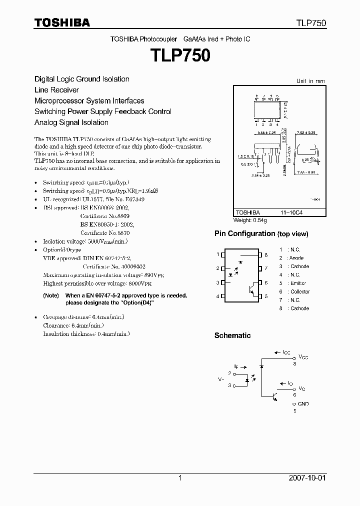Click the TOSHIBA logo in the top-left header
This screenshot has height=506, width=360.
click(62, 22)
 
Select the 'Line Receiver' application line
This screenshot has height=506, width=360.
click(56, 90)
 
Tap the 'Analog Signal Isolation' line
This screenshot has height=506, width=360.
click(71, 122)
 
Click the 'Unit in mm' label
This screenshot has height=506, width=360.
click(310, 80)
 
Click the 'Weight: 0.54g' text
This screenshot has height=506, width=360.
click(250, 220)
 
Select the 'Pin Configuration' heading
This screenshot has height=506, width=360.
click(244, 233)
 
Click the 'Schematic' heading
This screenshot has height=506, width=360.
click(232, 335)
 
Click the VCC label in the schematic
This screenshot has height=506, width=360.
click(303, 357)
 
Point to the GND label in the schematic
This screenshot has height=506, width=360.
click(303, 404)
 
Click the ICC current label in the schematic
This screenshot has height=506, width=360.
click(286, 352)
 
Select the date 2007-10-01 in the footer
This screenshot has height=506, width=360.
click(307, 478)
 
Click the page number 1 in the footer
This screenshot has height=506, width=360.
click(180, 478)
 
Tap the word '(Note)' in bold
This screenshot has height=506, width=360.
click(51, 296)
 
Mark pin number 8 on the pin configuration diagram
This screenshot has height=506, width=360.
click(266, 255)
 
